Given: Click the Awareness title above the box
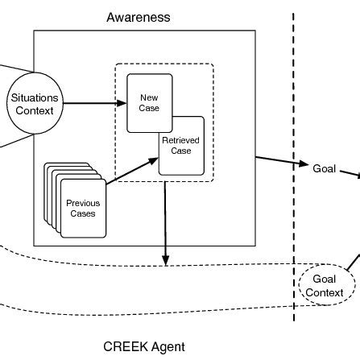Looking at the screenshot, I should (139, 16).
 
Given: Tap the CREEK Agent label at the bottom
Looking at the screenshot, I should (144, 347).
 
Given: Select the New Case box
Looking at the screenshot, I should (149, 102).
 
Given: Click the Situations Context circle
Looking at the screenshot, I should (34, 104).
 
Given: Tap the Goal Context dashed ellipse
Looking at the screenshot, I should (325, 286).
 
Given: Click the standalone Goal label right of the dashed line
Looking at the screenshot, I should (324, 168).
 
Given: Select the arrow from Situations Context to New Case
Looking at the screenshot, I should (93, 103).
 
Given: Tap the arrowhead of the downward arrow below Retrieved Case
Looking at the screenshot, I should (165, 259).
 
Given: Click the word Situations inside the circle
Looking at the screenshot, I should (34, 98).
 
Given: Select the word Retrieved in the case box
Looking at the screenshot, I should (181, 140).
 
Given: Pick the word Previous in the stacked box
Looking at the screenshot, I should (83, 203).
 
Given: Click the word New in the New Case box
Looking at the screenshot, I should (149, 97).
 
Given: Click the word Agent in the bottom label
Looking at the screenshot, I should (167, 347).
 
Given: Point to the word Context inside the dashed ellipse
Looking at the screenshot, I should (325, 292).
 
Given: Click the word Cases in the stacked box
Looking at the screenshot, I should (83, 213).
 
